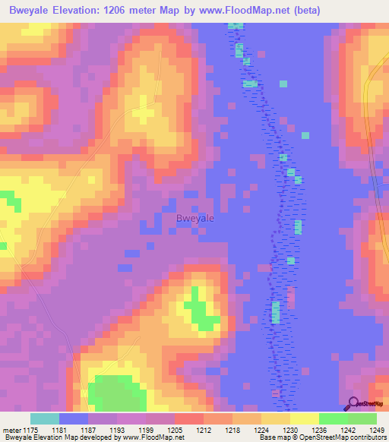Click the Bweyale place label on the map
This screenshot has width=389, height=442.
click(194, 218)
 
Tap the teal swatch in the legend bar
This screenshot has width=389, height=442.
click(45, 418)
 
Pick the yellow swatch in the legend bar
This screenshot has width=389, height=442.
click(305, 418)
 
